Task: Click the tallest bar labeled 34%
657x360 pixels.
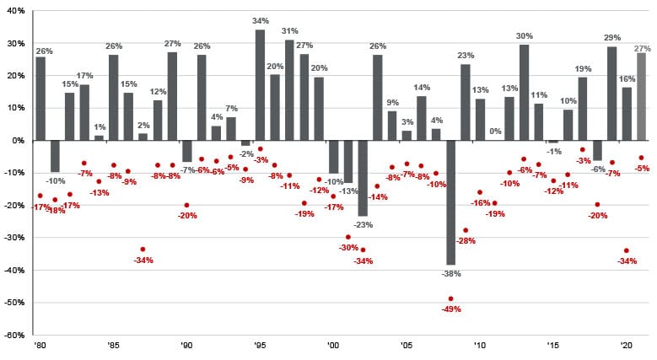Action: tap(260, 84)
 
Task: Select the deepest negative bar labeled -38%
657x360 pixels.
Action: tap(450, 202)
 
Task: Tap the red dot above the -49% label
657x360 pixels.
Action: tap(450, 298)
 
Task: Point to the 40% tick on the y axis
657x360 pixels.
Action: tap(15, 11)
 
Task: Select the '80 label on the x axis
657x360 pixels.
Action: tap(40, 346)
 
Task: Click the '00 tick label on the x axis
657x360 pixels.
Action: tap(333, 346)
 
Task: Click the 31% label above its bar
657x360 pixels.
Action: tap(289, 32)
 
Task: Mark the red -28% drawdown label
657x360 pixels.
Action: tap(466, 241)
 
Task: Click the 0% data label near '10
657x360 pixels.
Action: tap(495, 132)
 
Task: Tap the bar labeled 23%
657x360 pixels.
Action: tap(466, 102)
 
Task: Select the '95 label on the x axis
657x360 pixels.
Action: tap(260, 346)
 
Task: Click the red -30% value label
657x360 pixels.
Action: tap(347, 248)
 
